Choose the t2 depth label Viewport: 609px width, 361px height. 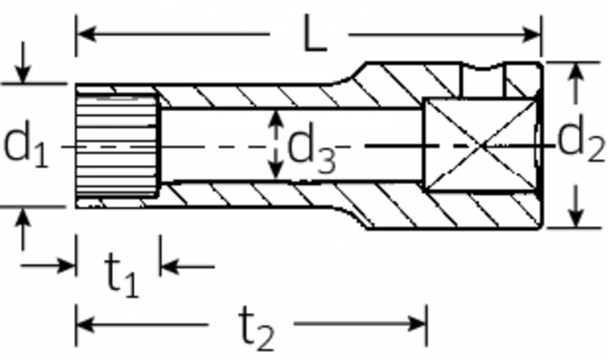click(258, 330)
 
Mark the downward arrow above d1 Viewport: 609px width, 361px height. click(23, 73)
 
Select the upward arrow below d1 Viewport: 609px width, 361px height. click(23, 218)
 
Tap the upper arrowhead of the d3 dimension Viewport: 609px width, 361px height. click(275, 118)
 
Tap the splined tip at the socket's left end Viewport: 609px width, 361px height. click(117, 145)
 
